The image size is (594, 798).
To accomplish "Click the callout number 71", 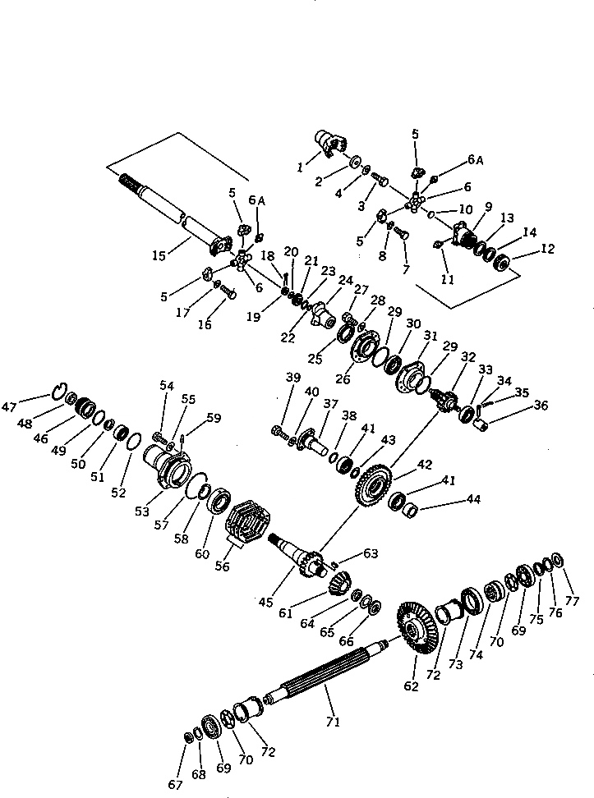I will click(x=333, y=722).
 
